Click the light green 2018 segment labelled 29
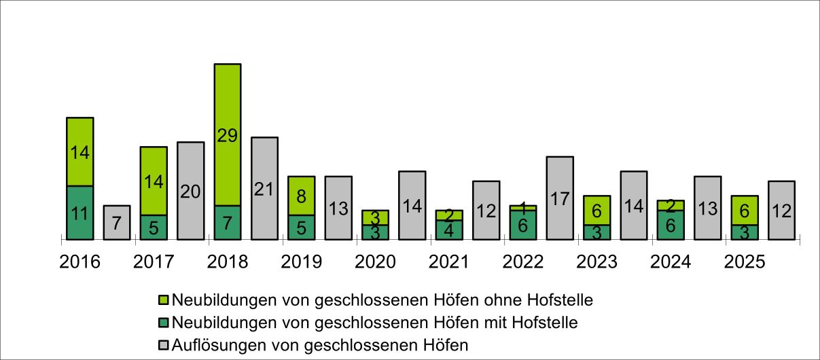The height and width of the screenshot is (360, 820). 228,134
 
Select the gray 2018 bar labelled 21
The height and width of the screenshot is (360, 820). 264,188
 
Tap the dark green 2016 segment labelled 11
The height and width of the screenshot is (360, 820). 79,213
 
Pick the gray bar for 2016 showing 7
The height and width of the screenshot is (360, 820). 117,222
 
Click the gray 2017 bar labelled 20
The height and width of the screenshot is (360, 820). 191,191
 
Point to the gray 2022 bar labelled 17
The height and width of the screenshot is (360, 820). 560,198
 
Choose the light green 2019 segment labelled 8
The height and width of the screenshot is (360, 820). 301,196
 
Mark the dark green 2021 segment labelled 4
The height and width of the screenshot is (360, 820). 449,230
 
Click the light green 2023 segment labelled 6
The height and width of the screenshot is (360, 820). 596,210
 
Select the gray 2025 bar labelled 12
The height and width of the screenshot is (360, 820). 781,210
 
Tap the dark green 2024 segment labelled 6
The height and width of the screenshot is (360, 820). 671,225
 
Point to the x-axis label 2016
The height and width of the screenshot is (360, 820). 79,262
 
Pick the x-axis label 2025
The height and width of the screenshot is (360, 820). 745,262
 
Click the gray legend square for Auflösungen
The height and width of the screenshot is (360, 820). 163,345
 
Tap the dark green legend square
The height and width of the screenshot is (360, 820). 163,322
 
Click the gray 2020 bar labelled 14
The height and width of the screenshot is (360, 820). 412,205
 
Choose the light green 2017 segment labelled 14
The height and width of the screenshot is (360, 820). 154,181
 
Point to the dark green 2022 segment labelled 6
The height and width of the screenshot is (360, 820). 523,225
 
